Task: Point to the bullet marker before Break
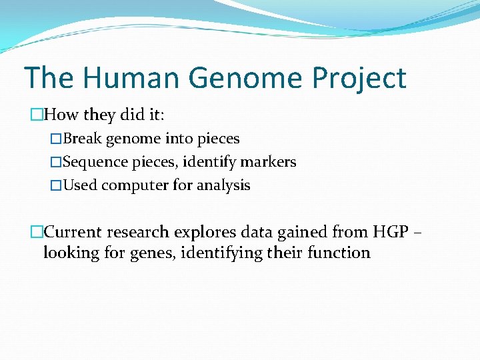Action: (x=56, y=139)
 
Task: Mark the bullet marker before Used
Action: (x=56, y=185)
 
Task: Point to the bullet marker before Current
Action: (x=36, y=233)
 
